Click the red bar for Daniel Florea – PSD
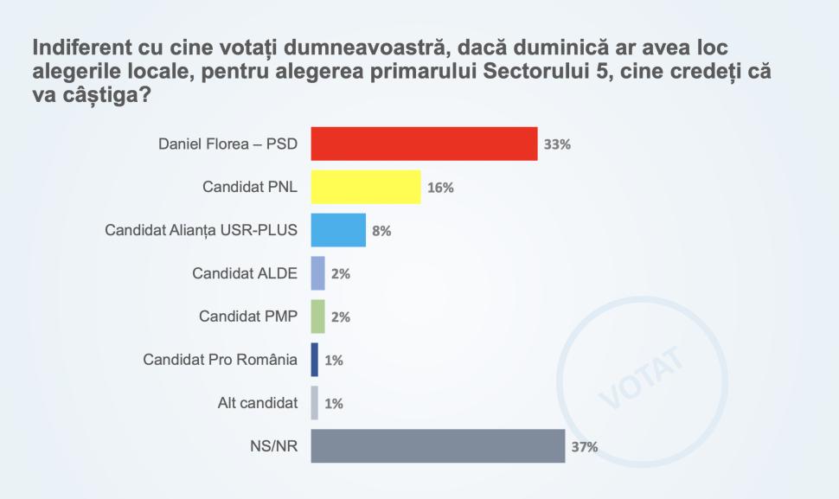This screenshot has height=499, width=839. (x=424, y=144)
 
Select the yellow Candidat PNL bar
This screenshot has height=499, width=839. (x=365, y=187)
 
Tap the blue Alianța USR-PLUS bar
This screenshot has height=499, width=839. (x=337, y=230)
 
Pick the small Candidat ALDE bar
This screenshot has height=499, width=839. (x=317, y=273)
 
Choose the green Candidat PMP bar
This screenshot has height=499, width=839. (x=317, y=317)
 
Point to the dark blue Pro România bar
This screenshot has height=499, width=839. (x=314, y=360)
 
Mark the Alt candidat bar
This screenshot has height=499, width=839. (x=314, y=403)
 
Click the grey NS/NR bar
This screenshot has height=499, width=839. (x=438, y=446)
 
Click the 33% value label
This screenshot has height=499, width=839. (x=557, y=144)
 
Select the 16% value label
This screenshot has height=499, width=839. (x=440, y=188)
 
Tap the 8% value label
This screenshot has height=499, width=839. (x=381, y=231)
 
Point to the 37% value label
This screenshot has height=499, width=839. (x=585, y=447)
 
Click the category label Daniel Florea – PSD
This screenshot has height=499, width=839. (x=227, y=144)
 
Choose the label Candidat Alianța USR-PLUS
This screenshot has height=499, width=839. (x=201, y=230)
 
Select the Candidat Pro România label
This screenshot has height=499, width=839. (x=220, y=360)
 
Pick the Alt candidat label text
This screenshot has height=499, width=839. (x=257, y=403)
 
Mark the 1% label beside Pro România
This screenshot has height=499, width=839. (x=334, y=361)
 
